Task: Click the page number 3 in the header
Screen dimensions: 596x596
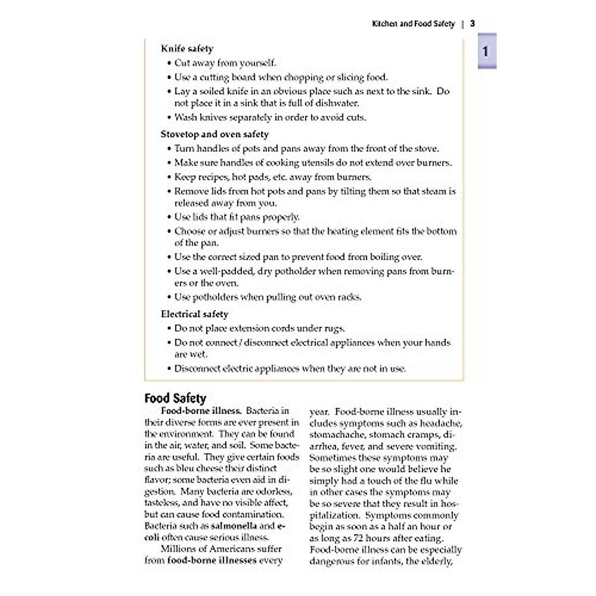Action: pyautogui.click(x=473, y=23)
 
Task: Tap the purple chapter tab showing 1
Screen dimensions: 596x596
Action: pyautogui.click(x=486, y=51)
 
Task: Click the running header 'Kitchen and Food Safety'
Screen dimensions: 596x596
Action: pyautogui.click(x=413, y=23)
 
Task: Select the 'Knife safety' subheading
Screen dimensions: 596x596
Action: pyautogui.click(x=187, y=49)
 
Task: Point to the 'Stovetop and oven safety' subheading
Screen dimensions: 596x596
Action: pyautogui.click(x=215, y=134)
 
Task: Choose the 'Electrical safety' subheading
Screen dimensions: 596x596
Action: pyautogui.click(x=194, y=314)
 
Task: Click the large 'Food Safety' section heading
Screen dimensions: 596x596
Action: pyautogui.click(x=175, y=398)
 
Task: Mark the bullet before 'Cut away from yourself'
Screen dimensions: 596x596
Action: pyautogui.click(x=168, y=63)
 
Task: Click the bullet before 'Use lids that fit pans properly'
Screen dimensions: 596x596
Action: pyautogui.click(x=168, y=217)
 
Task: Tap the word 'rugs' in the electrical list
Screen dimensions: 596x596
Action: pyautogui.click(x=333, y=328)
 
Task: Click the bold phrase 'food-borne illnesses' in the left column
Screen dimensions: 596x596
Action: pyautogui.click(x=213, y=560)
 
